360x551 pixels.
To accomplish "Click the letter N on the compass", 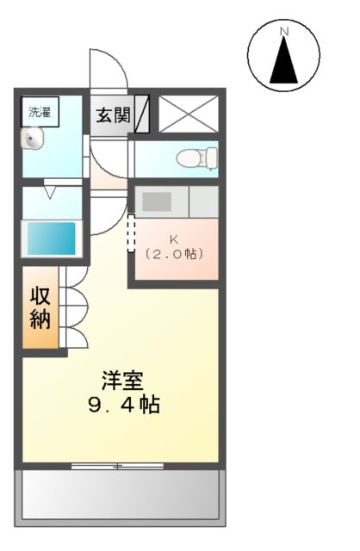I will coord(284,32).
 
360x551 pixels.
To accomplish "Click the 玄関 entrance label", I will coord(113,115).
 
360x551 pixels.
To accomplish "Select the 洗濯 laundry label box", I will coord(40,111).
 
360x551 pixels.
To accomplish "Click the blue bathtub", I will coord(51,237).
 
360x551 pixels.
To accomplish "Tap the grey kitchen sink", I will coord(157,202).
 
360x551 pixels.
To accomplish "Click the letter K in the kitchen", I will coord(174,238).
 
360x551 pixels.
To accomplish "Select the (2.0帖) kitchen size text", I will coord(174,254).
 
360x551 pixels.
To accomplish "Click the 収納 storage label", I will coord(40,306).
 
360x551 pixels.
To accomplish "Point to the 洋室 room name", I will coord(123,380).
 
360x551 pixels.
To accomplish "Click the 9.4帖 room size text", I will coord(123,405).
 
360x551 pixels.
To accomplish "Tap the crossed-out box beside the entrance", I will coord(189,114).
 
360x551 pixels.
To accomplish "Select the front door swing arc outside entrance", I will coord(108,69).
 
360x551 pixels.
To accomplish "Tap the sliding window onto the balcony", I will coord(118,466).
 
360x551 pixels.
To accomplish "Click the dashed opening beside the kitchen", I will coord(132,233).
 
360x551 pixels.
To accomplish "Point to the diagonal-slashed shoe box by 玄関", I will coord(142,114).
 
